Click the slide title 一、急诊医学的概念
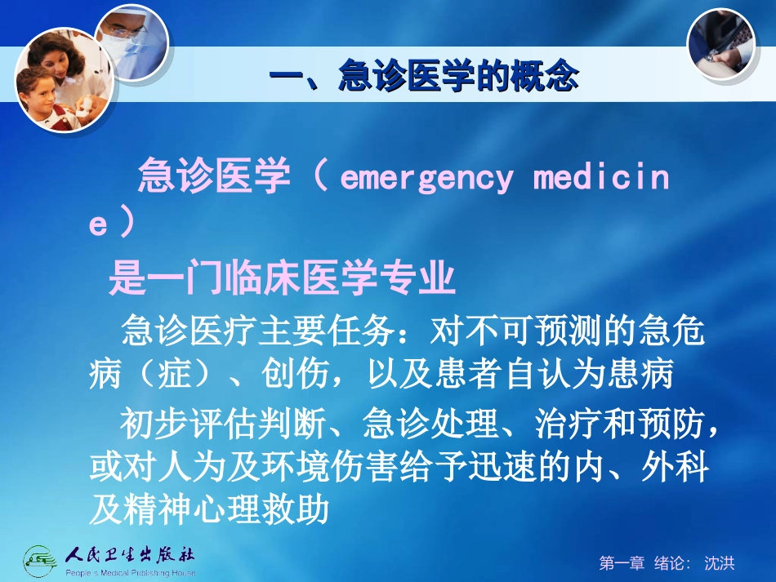coord(424,78)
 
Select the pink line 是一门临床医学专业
coord(282,281)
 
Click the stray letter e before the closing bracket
coord(98,226)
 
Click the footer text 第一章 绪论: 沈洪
coord(667,562)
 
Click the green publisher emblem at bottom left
coord(42,561)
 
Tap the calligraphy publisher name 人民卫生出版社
coord(131,554)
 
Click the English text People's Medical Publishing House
coord(131,573)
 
